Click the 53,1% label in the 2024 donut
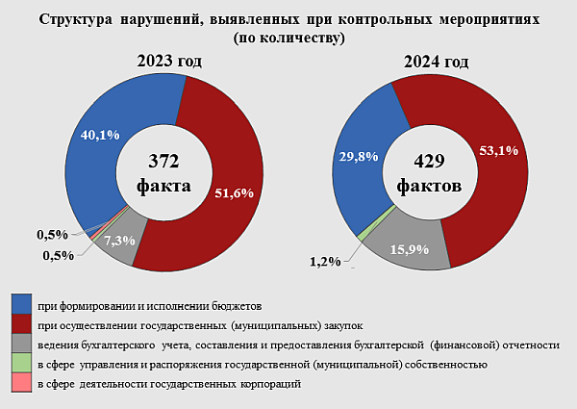tap(497, 150)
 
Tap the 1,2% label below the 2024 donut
tap(326, 261)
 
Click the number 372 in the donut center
tap(164, 160)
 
